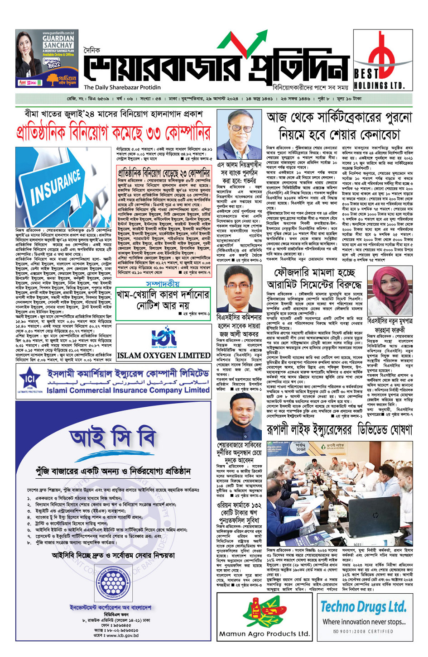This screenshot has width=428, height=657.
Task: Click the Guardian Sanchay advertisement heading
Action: coord(58,42)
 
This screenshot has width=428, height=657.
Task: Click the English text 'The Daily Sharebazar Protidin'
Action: coord(122,87)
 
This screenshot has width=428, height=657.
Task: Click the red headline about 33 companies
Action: coord(113,133)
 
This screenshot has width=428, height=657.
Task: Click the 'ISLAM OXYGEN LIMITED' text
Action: coord(164,356)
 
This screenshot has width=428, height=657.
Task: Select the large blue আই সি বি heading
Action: coord(112,438)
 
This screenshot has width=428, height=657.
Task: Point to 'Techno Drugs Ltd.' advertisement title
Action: coord(363,607)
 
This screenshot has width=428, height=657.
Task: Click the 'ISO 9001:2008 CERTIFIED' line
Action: coord(363,631)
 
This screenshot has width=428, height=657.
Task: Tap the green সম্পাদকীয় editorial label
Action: coord(163,284)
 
